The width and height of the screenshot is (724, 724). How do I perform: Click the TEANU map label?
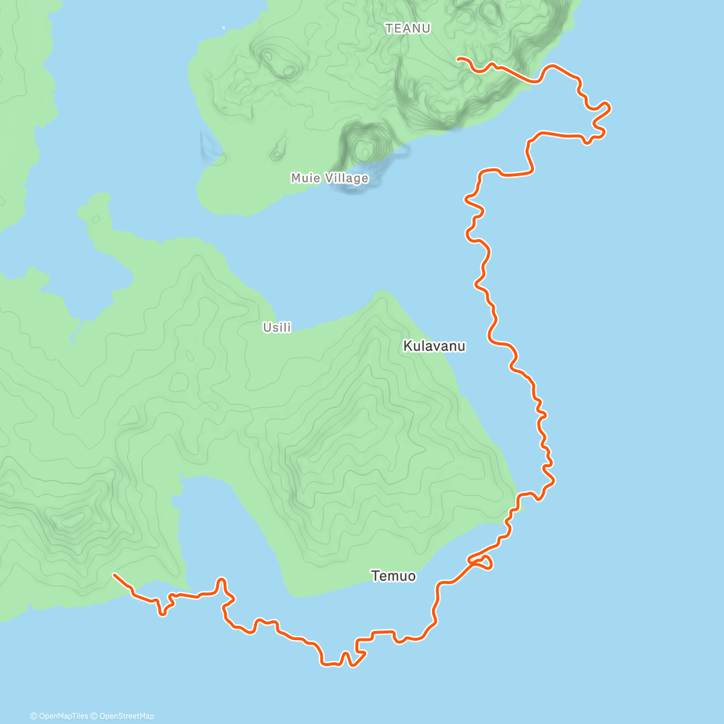click(408, 28)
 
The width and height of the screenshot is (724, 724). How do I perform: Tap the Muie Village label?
click(329, 178)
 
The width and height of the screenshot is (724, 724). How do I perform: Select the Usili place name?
click(277, 328)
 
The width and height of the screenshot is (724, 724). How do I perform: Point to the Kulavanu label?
click(434, 346)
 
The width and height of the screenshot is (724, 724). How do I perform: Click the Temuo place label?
click(393, 576)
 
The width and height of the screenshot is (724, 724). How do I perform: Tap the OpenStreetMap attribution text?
click(125, 716)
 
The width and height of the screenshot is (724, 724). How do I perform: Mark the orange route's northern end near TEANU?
click(458, 59)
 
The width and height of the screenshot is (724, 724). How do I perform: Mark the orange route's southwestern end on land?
click(114, 575)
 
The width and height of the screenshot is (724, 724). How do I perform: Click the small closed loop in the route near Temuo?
click(484, 563)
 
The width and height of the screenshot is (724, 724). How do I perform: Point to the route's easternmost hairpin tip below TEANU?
click(609, 108)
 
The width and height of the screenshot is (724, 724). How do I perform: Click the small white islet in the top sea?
click(223, 27)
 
